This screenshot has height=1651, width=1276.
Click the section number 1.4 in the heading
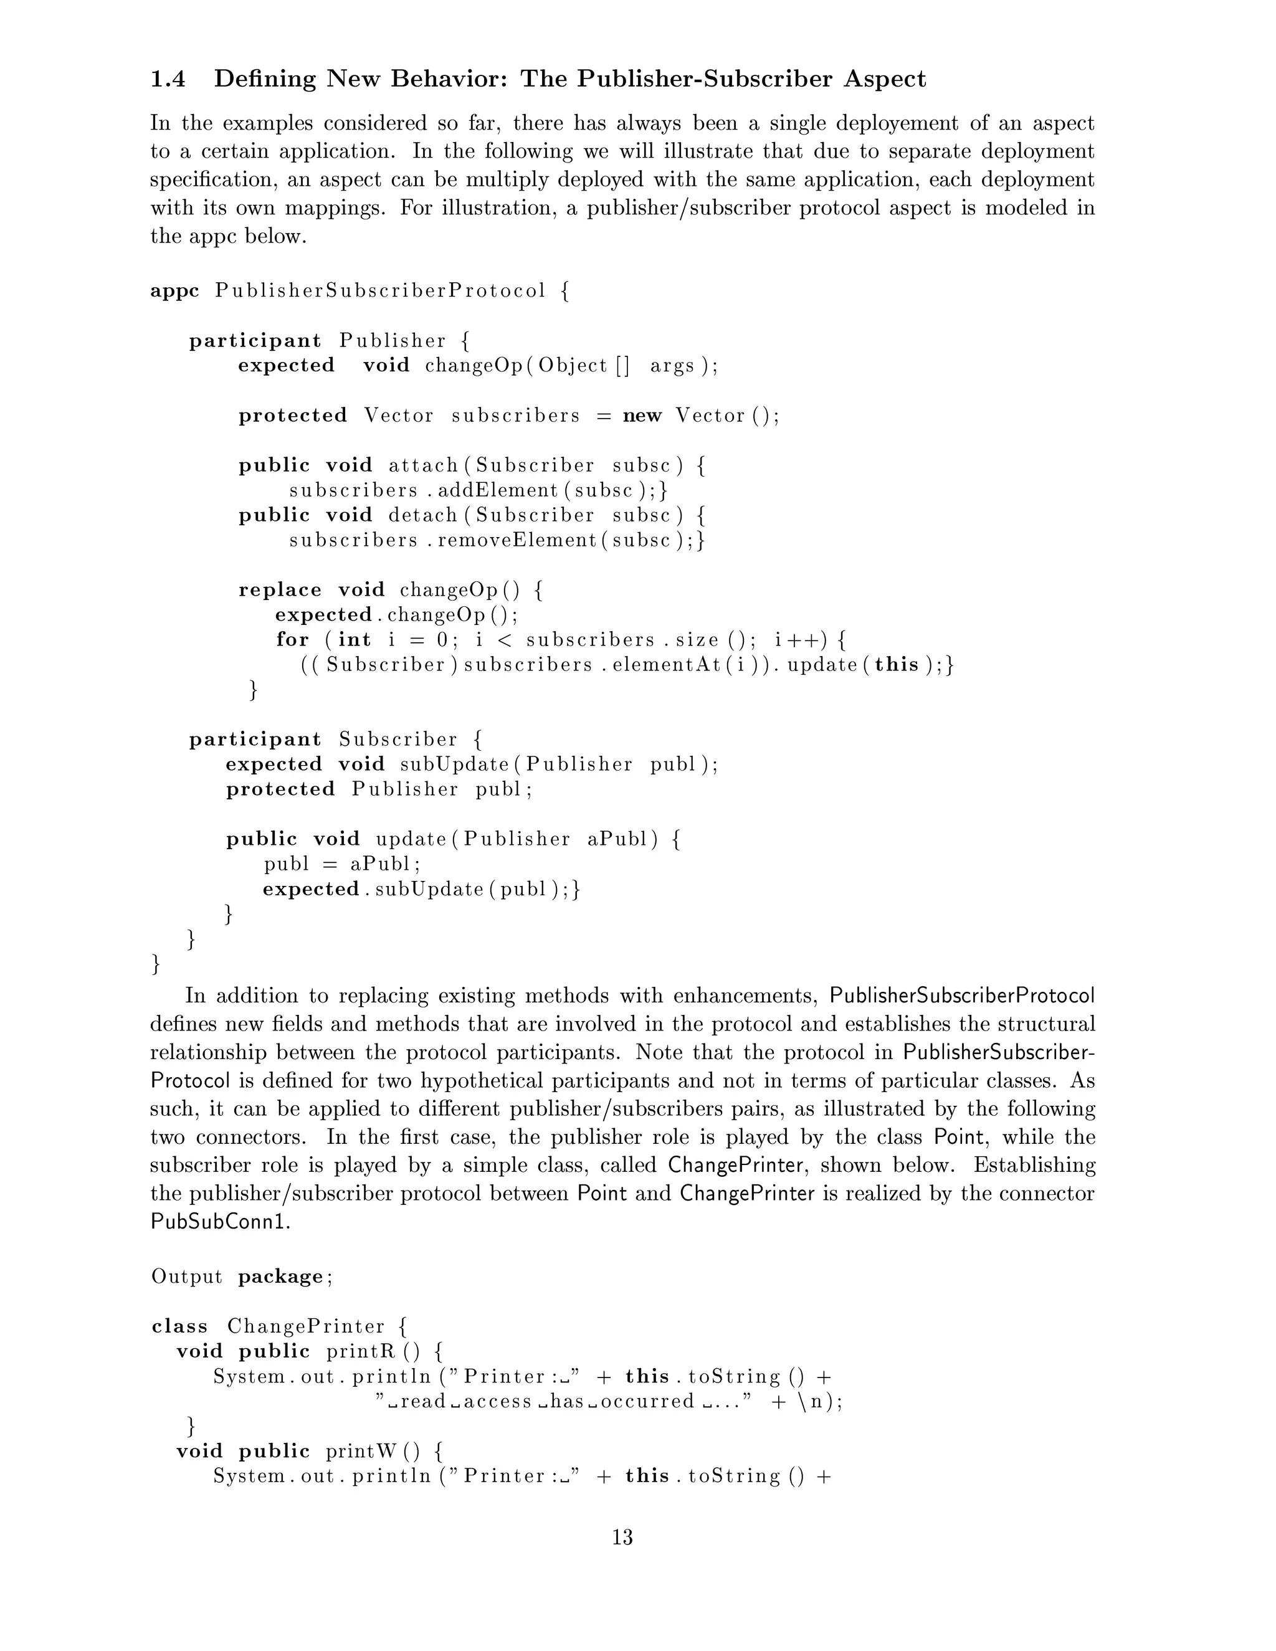click(x=168, y=79)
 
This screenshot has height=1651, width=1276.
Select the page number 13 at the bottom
click(x=622, y=1538)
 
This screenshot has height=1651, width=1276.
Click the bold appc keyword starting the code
click(x=174, y=291)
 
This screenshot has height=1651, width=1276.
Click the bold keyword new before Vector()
click(x=642, y=416)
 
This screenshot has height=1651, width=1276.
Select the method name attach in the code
click(x=423, y=465)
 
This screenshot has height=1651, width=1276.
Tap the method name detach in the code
click(x=423, y=516)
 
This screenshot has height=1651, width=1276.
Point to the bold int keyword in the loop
click(x=355, y=640)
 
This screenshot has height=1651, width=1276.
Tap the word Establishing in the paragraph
click(x=1034, y=1166)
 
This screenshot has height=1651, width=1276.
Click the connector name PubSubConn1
click(x=221, y=1222)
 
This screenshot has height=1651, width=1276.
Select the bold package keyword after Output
click(x=280, y=1277)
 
